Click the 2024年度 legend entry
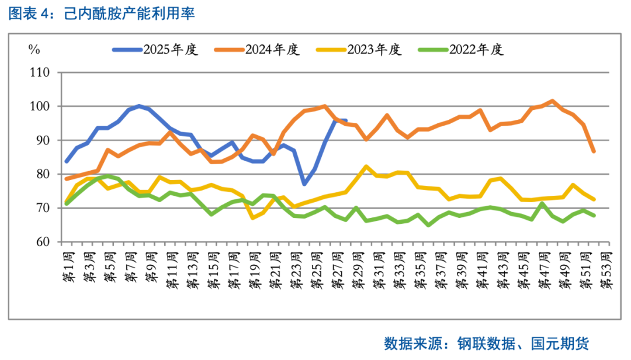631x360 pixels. (x=272, y=50)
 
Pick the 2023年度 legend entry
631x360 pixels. (x=375, y=50)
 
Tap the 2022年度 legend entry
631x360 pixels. (x=476, y=50)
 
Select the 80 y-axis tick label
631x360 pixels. (x=43, y=175)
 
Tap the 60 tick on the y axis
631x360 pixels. (x=43, y=242)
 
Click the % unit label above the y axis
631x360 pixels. (x=34, y=50)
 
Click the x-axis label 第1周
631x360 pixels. (x=68, y=267)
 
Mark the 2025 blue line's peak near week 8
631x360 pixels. (x=138, y=106)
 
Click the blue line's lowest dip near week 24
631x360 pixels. (x=304, y=184)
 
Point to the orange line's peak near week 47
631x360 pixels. (x=552, y=101)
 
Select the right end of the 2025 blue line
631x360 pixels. (x=346, y=121)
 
